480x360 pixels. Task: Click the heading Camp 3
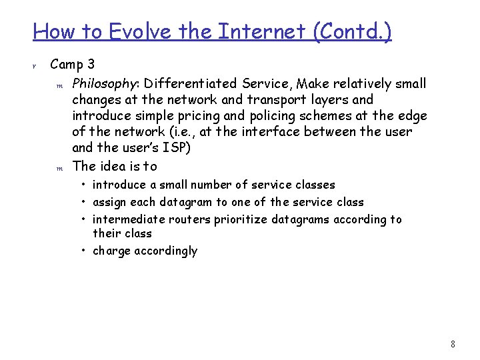[73, 65]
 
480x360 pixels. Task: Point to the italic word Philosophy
[105, 84]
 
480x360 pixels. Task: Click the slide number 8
[453, 345]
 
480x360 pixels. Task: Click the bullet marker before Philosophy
[59, 85]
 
